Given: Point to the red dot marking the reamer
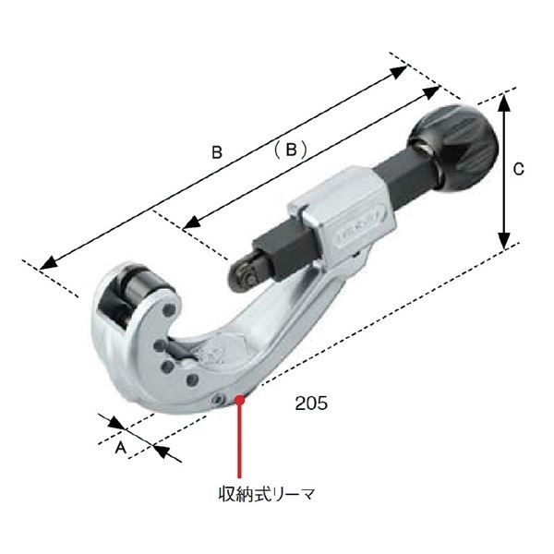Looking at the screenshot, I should click(x=242, y=399).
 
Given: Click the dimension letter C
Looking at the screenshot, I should click(x=519, y=169).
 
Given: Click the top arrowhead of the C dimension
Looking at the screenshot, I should click(x=504, y=101).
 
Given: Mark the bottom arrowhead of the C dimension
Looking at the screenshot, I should click(x=504, y=238).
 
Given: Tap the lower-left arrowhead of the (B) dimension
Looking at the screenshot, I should click(x=191, y=223).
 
